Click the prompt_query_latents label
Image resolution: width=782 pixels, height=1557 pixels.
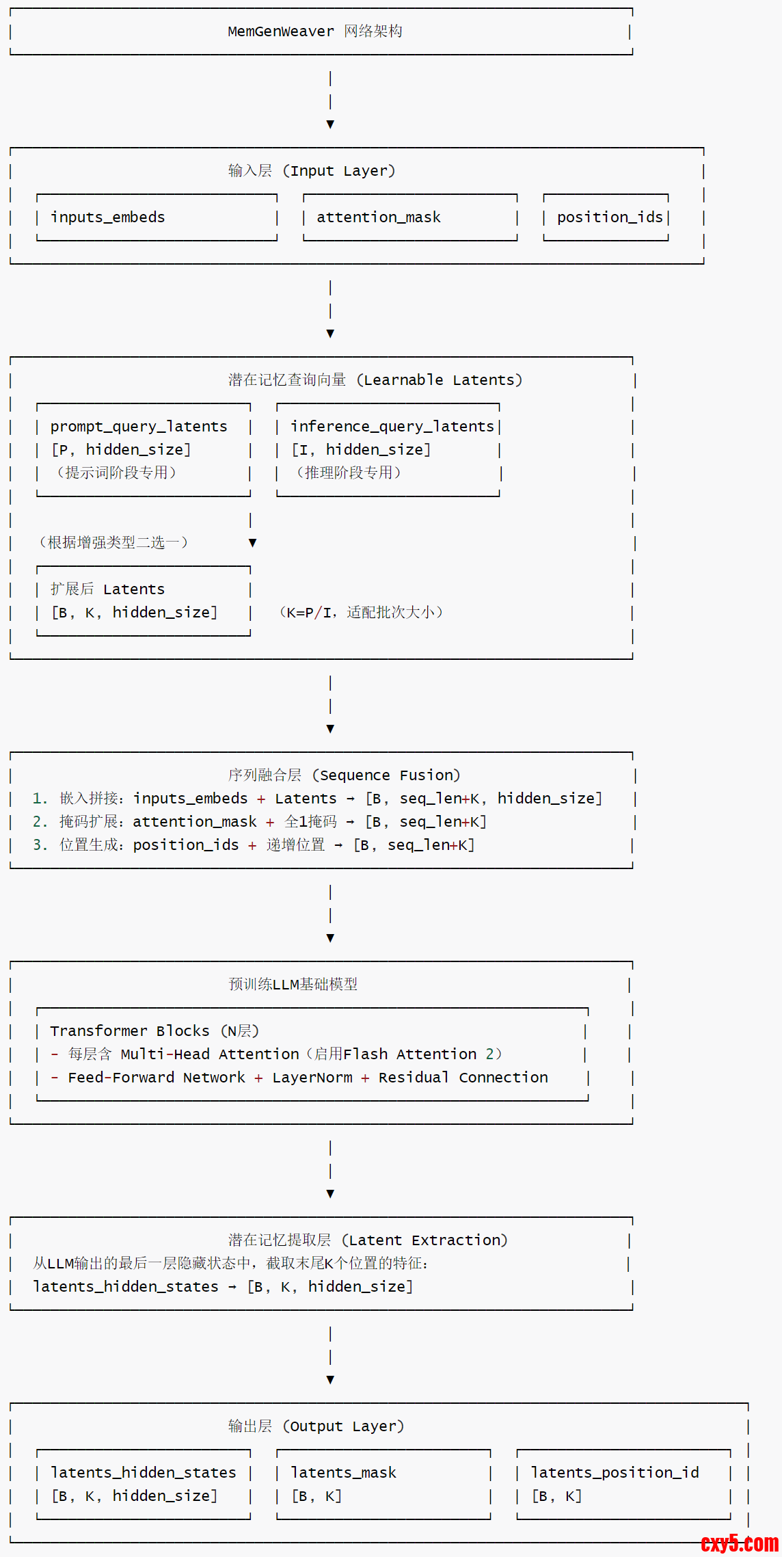pos(139,427)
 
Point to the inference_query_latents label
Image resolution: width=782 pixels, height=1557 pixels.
pos(392,427)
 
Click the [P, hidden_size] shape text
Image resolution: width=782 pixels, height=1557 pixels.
pos(121,450)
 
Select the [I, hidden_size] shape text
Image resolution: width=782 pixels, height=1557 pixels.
pos(361,450)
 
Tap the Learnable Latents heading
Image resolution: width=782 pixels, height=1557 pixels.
pos(442,380)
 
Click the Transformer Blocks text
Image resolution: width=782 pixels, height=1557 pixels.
pos(130,1031)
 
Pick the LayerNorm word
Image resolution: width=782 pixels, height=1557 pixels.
pos(312,1078)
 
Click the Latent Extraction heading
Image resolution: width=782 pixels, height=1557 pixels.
pos(428,1240)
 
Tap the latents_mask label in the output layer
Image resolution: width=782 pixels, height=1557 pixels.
pos(343,1473)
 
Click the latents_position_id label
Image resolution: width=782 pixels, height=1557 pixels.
pos(615,1473)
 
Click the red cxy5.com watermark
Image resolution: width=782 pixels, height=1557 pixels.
pos(739,1543)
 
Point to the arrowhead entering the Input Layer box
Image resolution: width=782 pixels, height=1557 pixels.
pos(330,124)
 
